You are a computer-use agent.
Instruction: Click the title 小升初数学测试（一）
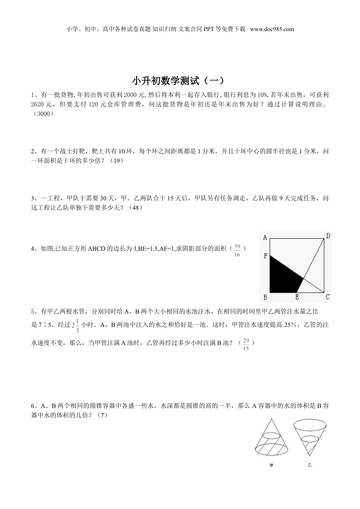(x=180, y=81)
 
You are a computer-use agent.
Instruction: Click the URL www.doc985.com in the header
(x=272, y=29)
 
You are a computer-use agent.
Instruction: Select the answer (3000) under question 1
(x=42, y=114)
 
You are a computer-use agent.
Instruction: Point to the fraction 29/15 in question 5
(x=246, y=345)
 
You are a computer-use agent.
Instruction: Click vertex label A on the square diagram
(x=265, y=237)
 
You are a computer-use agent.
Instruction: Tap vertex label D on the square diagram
(x=328, y=236)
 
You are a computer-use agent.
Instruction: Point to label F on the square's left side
(x=265, y=256)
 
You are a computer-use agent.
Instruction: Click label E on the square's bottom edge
(x=297, y=297)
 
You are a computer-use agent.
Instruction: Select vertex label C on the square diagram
(x=327, y=297)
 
